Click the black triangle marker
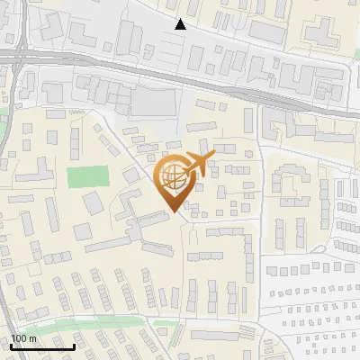[181, 24]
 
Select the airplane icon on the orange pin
[197, 166]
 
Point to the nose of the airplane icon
[213, 157]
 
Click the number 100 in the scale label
[19, 338]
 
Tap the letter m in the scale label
[32, 338]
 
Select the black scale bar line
[42, 346]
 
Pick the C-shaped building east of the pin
[289, 184]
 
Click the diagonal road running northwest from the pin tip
[135, 162]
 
